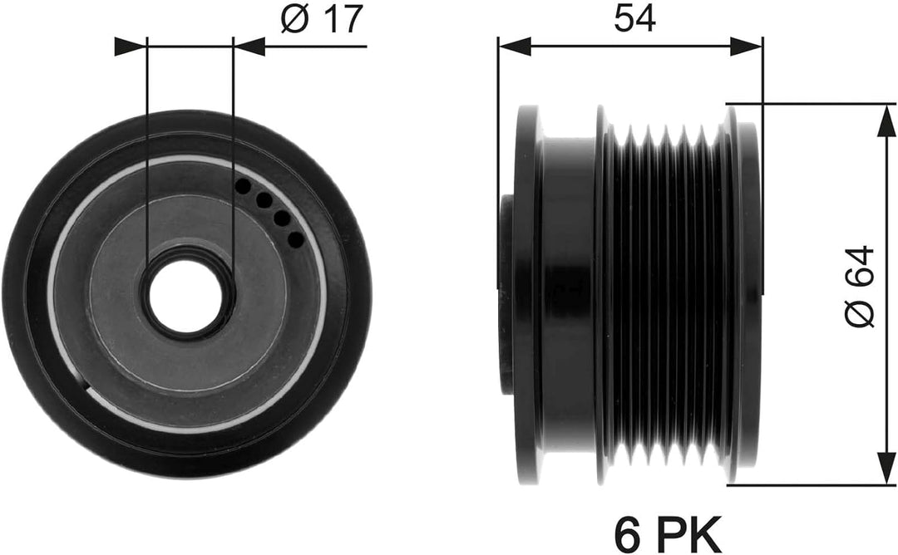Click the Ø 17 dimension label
coord(323,19)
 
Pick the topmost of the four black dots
coord(244,185)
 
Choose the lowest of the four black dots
coord(295,238)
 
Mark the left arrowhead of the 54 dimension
coord(515,47)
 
